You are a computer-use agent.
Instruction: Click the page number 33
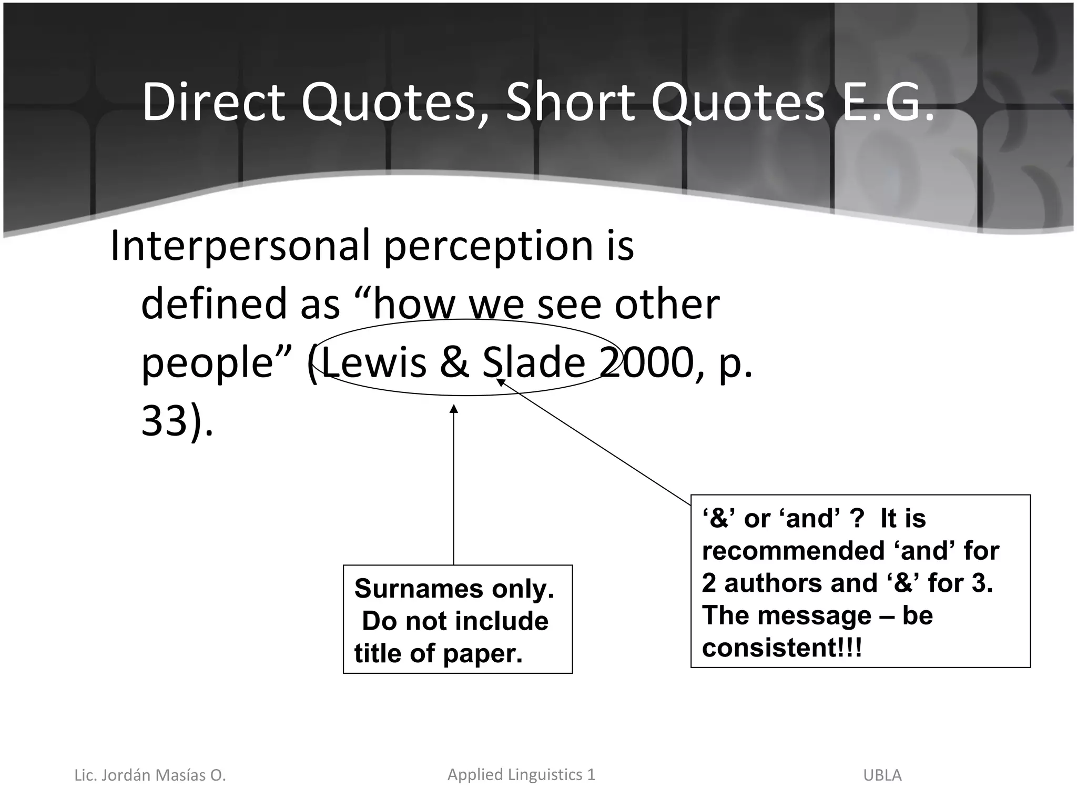click(164, 421)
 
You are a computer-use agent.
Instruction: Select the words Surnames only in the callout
click(454, 588)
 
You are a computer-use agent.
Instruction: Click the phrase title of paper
click(439, 653)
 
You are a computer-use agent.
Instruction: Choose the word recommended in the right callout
click(793, 551)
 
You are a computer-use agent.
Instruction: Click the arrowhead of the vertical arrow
click(454, 409)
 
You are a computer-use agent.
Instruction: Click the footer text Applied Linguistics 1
click(521, 774)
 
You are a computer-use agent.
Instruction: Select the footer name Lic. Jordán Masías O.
click(150, 775)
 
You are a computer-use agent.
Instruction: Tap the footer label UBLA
click(882, 775)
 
